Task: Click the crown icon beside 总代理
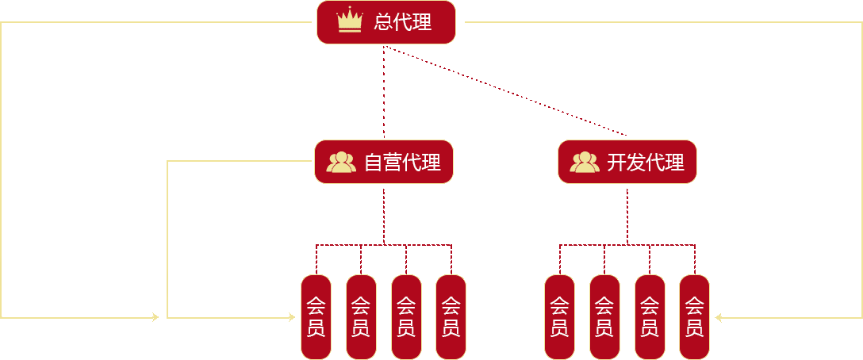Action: click(350, 21)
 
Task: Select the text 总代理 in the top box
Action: click(403, 22)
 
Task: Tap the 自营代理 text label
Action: click(402, 163)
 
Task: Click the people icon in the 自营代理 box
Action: click(341, 163)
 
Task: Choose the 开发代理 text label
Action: click(646, 163)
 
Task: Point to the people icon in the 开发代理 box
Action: click(585, 163)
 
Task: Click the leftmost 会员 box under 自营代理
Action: click(316, 316)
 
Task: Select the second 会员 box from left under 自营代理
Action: click(361, 316)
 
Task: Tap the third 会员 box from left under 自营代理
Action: click(406, 316)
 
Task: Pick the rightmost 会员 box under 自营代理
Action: click(451, 316)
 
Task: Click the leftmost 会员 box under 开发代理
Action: click(559, 316)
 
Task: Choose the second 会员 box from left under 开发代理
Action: click(604, 316)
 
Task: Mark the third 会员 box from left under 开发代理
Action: click(650, 316)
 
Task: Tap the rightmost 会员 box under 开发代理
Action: click(694, 316)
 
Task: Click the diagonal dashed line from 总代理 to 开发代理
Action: click(508, 91)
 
